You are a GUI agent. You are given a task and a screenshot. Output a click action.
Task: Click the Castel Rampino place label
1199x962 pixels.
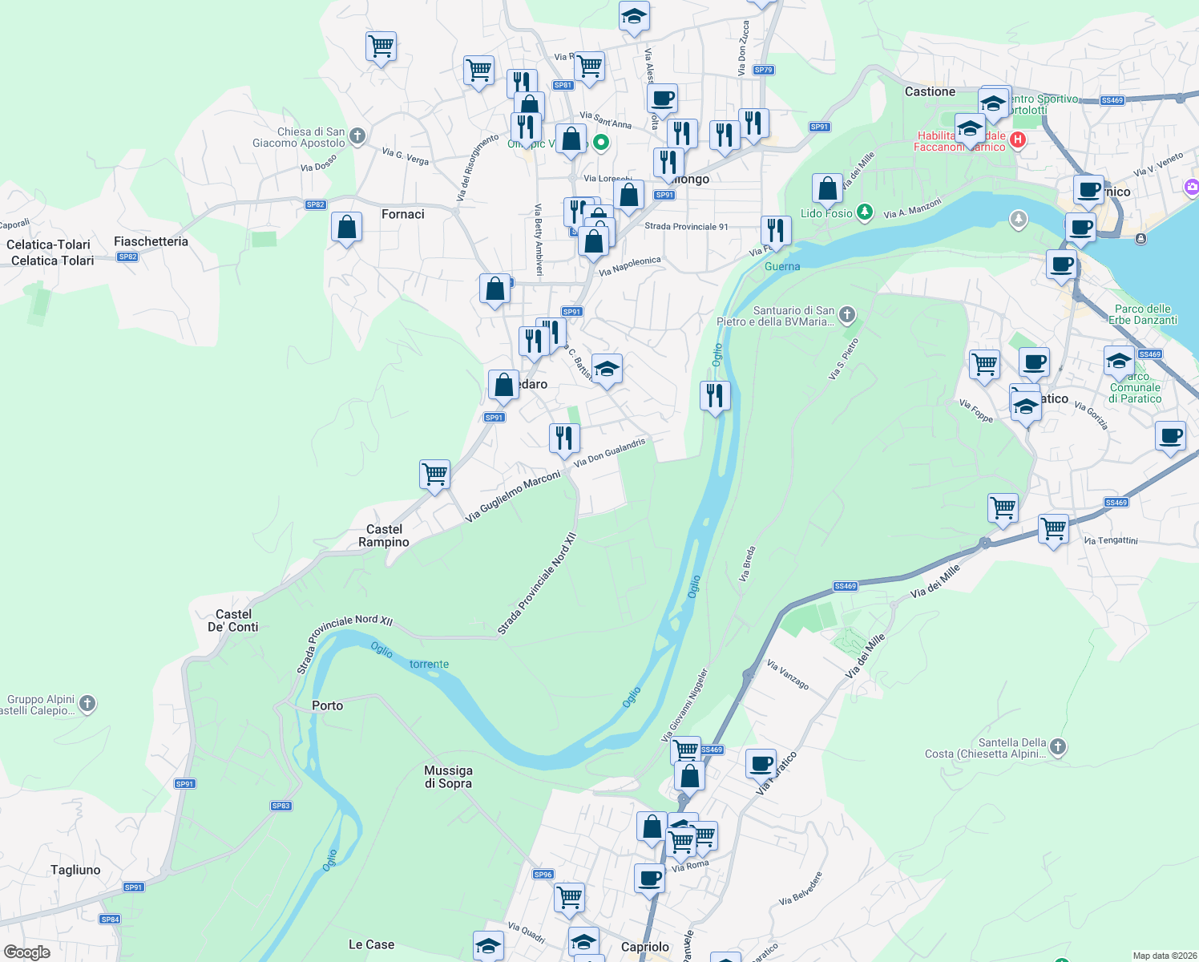coord(384,536)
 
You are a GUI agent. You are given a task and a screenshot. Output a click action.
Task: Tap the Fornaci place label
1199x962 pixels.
coord(403,214)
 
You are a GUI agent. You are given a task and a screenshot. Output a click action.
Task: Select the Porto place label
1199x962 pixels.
coord(327,705)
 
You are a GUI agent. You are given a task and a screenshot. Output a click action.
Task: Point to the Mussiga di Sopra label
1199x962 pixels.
coord(448,777)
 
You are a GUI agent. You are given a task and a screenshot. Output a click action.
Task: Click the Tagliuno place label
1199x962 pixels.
coord(75,870)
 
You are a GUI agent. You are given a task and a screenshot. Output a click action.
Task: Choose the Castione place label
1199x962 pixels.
coord(930,91)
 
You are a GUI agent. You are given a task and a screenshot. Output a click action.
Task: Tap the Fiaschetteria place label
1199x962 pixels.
coord(151,241)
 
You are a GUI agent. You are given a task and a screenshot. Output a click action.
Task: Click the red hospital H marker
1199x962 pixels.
coord(1018,140)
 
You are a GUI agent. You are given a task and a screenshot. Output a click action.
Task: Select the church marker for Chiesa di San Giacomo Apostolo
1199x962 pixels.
coord(357,136)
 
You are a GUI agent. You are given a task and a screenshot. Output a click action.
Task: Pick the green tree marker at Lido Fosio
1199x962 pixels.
coord(864,212)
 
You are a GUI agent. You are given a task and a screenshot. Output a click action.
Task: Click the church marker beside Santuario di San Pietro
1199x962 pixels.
coord(847,315)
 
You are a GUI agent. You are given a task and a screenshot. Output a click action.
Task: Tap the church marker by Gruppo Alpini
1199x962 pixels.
coord(87,704)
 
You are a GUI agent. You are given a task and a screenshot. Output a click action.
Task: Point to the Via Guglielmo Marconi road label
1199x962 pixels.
coord(513,497)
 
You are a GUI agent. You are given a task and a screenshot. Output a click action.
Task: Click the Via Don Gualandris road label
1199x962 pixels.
coord(609,452)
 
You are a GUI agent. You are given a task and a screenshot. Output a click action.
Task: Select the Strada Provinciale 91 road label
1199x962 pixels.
coord(686,227)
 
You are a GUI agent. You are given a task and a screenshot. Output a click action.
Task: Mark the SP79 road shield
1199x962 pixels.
coord(763,70)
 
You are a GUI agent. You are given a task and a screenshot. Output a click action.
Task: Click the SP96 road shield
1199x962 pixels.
coord(543,875)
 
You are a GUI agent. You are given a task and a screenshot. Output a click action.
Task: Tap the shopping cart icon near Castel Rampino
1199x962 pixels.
coord(434,473)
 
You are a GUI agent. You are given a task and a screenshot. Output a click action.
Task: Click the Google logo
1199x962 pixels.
coord(26,952)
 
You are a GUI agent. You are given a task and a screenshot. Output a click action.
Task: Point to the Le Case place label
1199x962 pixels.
coord(371,944)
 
